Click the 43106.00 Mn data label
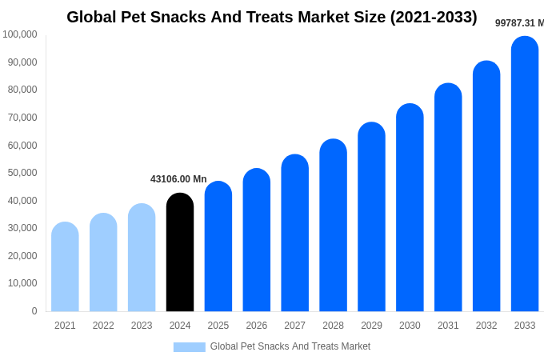point(178,179)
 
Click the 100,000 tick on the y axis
point(20,34)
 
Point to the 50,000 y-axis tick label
point(22,173)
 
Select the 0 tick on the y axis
point(34,311)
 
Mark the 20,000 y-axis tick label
point(22,256)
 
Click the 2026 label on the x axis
point(257,326)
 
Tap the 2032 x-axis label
point(486,326)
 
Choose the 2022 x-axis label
point(103,326)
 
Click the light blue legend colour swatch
point(190,347)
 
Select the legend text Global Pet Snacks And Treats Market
point(290,346)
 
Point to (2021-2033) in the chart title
point(434,17)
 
